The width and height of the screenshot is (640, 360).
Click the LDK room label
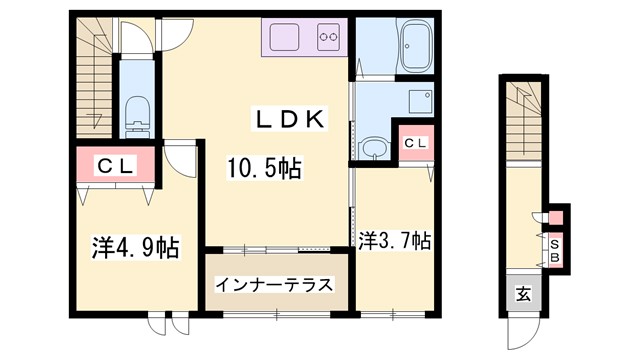tap(287, 119)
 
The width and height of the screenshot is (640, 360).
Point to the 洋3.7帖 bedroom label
tap(395, 240)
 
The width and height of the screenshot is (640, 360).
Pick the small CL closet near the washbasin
tap(415, 144)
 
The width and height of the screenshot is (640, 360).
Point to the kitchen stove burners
tap(329, 40)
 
